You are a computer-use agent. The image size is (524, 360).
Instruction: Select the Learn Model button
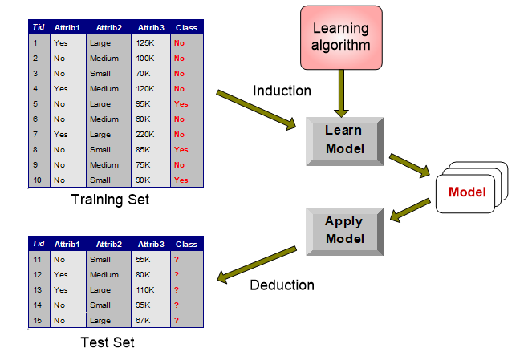343,140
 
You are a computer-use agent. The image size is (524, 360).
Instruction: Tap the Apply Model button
343,230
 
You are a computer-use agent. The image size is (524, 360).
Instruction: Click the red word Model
467,192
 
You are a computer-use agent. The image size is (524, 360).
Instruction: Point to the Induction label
282,91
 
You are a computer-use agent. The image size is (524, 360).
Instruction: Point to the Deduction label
282,285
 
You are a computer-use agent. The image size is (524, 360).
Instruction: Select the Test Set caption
108,342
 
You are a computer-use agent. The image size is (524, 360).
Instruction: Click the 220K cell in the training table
145,135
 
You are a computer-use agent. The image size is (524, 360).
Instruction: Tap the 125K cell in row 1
145,43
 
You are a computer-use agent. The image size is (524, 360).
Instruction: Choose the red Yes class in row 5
181,104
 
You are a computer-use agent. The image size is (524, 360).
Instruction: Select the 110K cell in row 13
145,289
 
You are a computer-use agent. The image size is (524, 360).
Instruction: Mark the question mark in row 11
176,259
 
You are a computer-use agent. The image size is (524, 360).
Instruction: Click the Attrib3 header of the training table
149,26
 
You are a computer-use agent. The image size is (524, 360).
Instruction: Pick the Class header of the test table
186,244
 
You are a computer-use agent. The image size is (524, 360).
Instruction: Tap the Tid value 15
37,320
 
